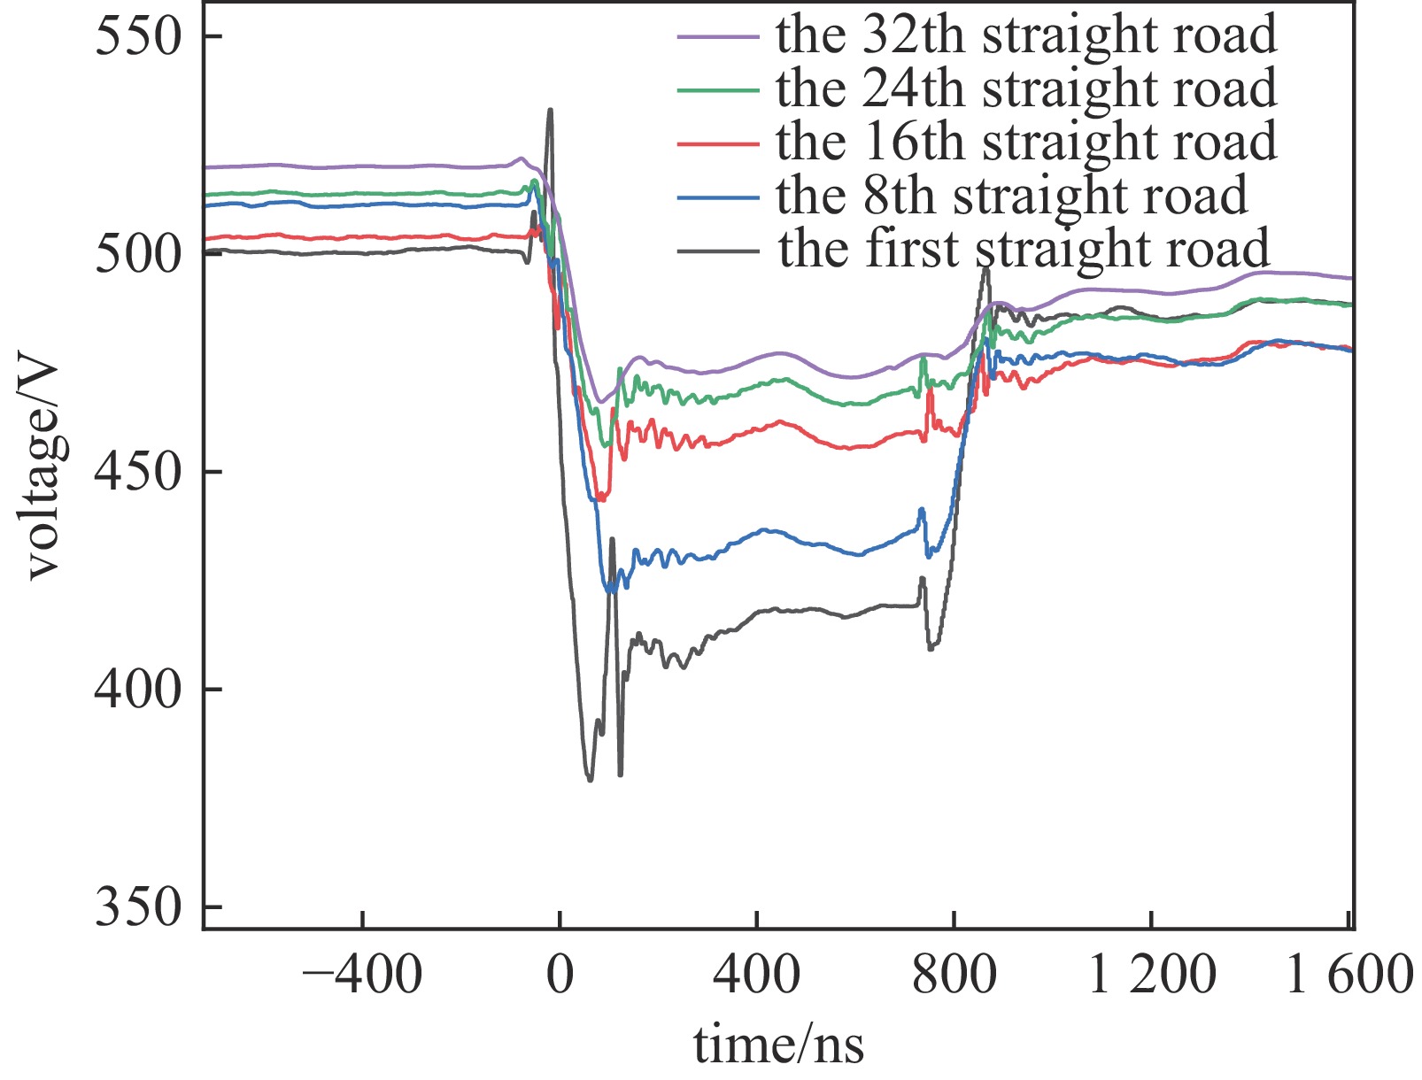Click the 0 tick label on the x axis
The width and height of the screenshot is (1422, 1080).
560,976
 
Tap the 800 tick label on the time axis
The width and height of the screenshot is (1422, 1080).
954,976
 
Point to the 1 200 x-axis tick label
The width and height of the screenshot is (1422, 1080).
1151,976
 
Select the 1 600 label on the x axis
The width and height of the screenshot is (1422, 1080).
1348,976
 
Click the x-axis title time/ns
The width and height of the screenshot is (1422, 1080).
777,1045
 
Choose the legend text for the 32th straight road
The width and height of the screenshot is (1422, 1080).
1026,36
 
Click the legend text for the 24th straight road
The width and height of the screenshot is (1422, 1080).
1026,89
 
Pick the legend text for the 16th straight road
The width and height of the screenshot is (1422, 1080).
1026,143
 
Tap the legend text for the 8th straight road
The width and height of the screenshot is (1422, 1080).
1011,196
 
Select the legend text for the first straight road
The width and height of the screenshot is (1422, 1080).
1024,249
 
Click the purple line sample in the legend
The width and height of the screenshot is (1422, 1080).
718,37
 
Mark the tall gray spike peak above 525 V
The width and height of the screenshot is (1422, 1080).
550,111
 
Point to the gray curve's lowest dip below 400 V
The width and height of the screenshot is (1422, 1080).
590,779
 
